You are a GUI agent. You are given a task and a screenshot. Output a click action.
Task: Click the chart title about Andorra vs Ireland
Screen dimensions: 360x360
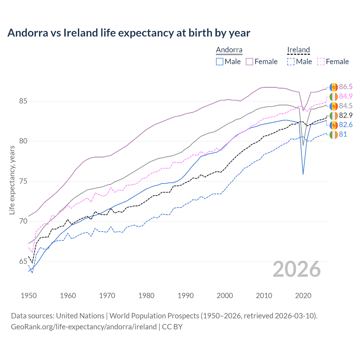(129, 33)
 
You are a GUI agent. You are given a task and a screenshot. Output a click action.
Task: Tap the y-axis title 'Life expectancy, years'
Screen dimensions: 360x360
(12, 180)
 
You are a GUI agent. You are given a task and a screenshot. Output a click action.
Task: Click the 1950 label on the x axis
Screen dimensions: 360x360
(29, 296)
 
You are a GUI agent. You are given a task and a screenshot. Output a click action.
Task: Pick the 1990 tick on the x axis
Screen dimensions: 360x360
(186, 296)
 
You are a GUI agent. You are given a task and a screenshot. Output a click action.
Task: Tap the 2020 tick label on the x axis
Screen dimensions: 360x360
(303, 296)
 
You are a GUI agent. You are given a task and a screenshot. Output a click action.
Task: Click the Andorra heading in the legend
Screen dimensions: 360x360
(229, 50)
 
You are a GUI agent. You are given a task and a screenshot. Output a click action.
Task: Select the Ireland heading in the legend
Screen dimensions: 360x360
(298, 50)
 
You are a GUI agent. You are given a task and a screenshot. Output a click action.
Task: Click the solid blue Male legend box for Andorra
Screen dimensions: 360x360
(220, 62)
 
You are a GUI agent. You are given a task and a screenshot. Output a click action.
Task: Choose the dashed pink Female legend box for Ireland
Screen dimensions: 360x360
(321, 62)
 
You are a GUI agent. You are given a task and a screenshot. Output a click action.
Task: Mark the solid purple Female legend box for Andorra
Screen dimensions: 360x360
(249, 62)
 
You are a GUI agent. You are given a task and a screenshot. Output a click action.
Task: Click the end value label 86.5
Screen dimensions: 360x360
(346, 87)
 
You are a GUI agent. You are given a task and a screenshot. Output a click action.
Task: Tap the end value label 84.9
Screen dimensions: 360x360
(346, 96)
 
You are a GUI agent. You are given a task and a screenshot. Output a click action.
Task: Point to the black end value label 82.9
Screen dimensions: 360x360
(346, 115)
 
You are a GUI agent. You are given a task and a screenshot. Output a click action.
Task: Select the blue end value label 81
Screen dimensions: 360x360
(343, 134)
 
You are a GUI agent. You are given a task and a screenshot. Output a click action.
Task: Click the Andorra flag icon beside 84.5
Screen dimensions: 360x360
(334, 106)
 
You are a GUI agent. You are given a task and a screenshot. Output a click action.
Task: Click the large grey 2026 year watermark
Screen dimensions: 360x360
(296, 269)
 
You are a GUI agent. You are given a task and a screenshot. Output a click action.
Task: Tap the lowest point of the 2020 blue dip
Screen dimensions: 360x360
(303, 174)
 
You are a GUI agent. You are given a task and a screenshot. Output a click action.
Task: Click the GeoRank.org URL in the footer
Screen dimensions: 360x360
(84, 327)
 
